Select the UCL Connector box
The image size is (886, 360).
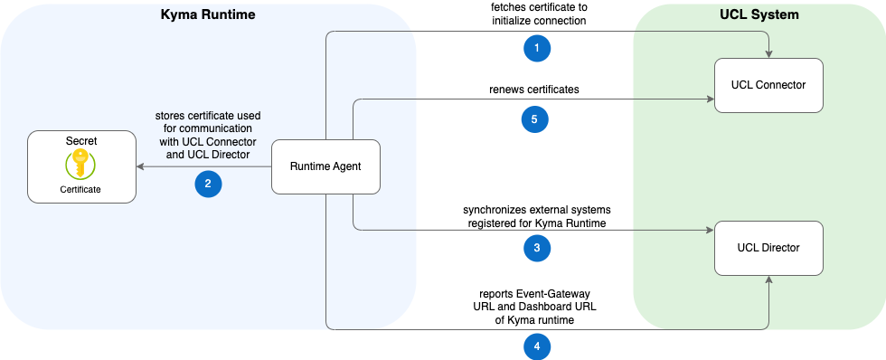point(768,85)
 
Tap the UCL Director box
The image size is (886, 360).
point(768,248)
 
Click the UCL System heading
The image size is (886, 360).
point(759,14)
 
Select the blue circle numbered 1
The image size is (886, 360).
point(537,49)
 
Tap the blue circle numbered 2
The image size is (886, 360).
point(209,184)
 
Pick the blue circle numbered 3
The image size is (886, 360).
point(537,248)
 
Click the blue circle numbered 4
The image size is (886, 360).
point(537,346)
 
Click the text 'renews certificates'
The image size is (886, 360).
point(534,90)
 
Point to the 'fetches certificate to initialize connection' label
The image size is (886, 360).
point(535,14)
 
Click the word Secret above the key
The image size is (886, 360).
point(81,142)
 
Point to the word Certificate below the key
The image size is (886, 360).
point(81,189)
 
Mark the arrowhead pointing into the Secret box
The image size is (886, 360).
point(140,166)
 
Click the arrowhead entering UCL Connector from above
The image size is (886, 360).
point(768,53)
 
